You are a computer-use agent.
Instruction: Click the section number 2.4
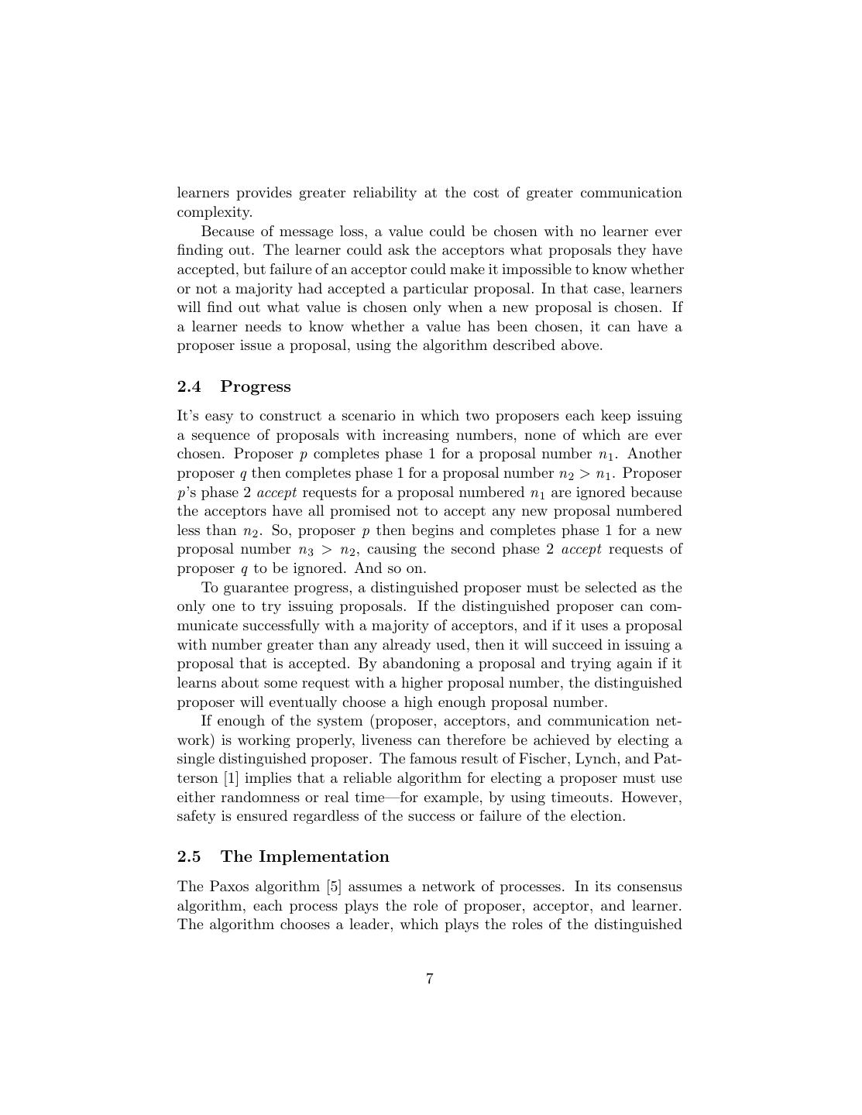pos(189,386)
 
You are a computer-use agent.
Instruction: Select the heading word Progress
pos(256,386)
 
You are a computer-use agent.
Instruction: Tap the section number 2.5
pos(189,856)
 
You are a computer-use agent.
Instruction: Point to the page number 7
pos(430,979)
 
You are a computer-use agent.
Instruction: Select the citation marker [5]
pos(334,887)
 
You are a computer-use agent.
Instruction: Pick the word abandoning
pos(418,664)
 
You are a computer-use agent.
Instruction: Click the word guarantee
pos(254,588)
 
